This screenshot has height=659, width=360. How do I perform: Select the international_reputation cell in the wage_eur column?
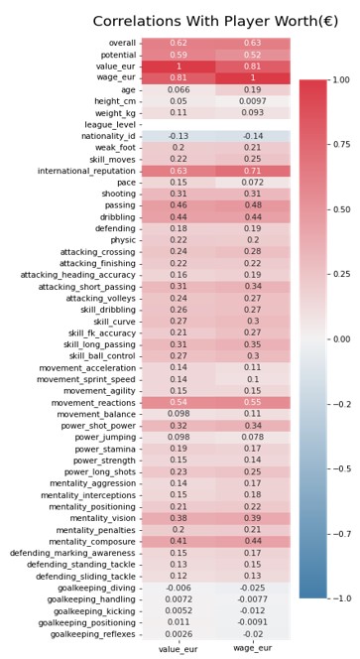(253, 171)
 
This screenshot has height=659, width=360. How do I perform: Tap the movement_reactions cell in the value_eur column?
(179, 402)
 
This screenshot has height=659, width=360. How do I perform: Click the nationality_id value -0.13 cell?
(179, 136)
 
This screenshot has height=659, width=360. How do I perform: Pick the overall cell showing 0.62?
(179, 44)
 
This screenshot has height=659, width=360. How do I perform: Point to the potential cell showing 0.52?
(253, 55)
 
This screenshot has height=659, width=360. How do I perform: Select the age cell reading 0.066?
(179, 89)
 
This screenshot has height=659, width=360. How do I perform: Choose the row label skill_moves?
(107, 159)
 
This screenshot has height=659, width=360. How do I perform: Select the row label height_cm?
(107, 101)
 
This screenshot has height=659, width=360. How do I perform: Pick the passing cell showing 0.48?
(253, 205)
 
